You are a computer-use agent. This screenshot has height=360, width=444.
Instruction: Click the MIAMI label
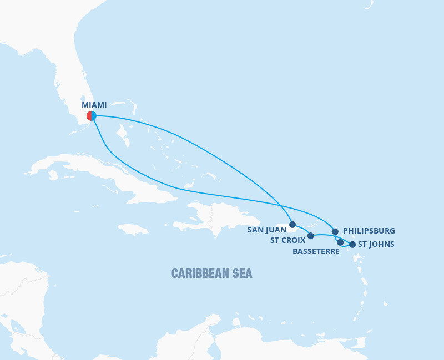94,105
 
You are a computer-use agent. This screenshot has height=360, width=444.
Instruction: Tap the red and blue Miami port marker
92,115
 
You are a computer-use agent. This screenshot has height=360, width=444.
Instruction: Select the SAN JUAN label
267,229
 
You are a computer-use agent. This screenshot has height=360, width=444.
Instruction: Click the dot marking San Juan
292,225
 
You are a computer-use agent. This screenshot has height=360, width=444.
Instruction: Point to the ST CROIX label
287,240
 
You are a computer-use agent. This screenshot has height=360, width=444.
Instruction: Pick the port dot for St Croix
310,236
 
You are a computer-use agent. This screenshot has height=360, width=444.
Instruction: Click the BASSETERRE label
315,251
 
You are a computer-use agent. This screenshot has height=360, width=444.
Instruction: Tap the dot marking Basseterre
340,242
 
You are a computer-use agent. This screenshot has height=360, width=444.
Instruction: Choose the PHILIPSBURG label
369,230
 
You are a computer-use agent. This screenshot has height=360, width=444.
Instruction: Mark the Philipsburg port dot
335,231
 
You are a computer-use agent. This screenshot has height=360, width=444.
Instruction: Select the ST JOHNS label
376,244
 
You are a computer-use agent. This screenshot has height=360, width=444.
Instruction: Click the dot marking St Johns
352,244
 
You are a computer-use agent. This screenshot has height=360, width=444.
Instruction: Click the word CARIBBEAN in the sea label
200,273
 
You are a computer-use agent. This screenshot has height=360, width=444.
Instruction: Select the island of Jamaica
133,229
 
